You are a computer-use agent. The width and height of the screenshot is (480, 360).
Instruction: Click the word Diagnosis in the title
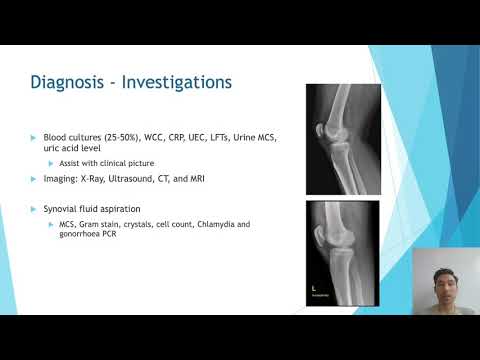tap(71, 83)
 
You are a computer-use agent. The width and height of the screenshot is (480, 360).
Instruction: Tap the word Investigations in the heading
tap(174, 83)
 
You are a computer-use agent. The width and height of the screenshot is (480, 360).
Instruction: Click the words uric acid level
tap(70, 148)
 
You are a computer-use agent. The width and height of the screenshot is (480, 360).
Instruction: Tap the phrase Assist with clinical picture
tap(103, 162)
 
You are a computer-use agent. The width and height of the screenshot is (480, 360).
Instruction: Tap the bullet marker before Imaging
tap(34, 178)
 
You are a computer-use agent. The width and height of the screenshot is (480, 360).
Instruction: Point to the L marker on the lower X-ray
tap(314, 291)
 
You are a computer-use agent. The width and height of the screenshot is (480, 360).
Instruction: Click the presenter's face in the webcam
tap(436, 275)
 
